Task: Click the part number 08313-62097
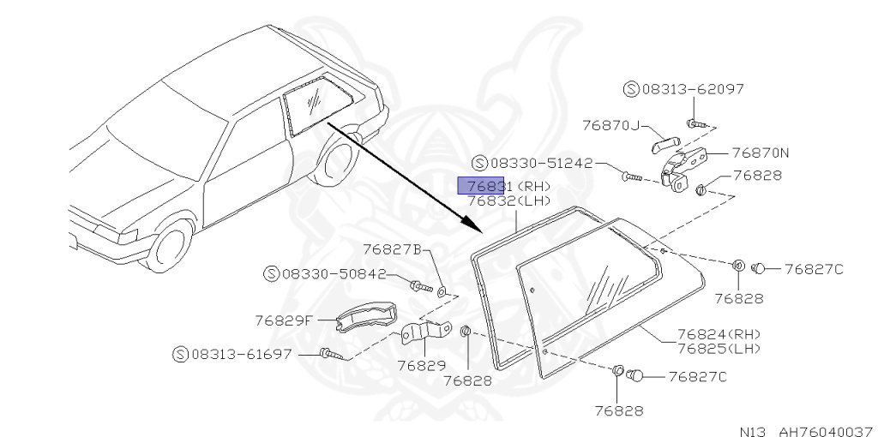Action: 681,88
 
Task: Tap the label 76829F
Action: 284,320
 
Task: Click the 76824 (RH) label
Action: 719,334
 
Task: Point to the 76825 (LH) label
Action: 719,348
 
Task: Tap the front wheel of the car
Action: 170,245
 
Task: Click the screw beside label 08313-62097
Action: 697,123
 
